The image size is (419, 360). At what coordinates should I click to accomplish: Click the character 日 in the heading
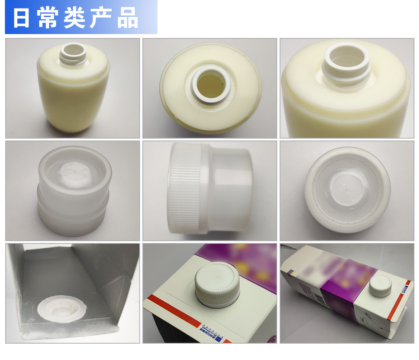pos(22,18)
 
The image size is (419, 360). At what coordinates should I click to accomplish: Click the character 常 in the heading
pos(47,18)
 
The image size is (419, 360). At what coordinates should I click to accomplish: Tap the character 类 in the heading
pos(74,18)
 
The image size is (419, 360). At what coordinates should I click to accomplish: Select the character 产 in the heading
pos(100,18)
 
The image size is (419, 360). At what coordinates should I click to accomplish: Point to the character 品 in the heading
pos(128,18)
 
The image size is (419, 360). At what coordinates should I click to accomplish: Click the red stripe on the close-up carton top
pos(173,311)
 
